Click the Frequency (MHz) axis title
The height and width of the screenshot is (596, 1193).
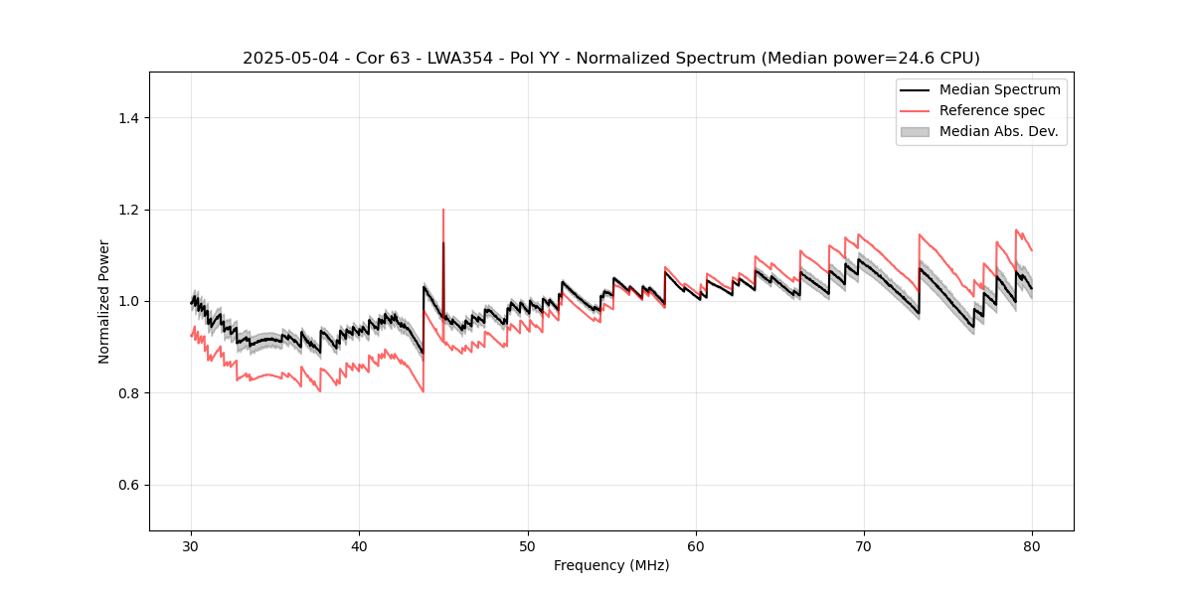[x=611, y=565]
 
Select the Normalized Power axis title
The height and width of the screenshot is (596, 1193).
[x=104, y=301]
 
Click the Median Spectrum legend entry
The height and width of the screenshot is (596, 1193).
[x=999, y=89]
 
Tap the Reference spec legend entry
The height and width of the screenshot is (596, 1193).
[x=991, y=110]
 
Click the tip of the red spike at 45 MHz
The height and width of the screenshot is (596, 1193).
[x=443, y=210]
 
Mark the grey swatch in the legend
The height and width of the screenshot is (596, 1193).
[x=915, y=131]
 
